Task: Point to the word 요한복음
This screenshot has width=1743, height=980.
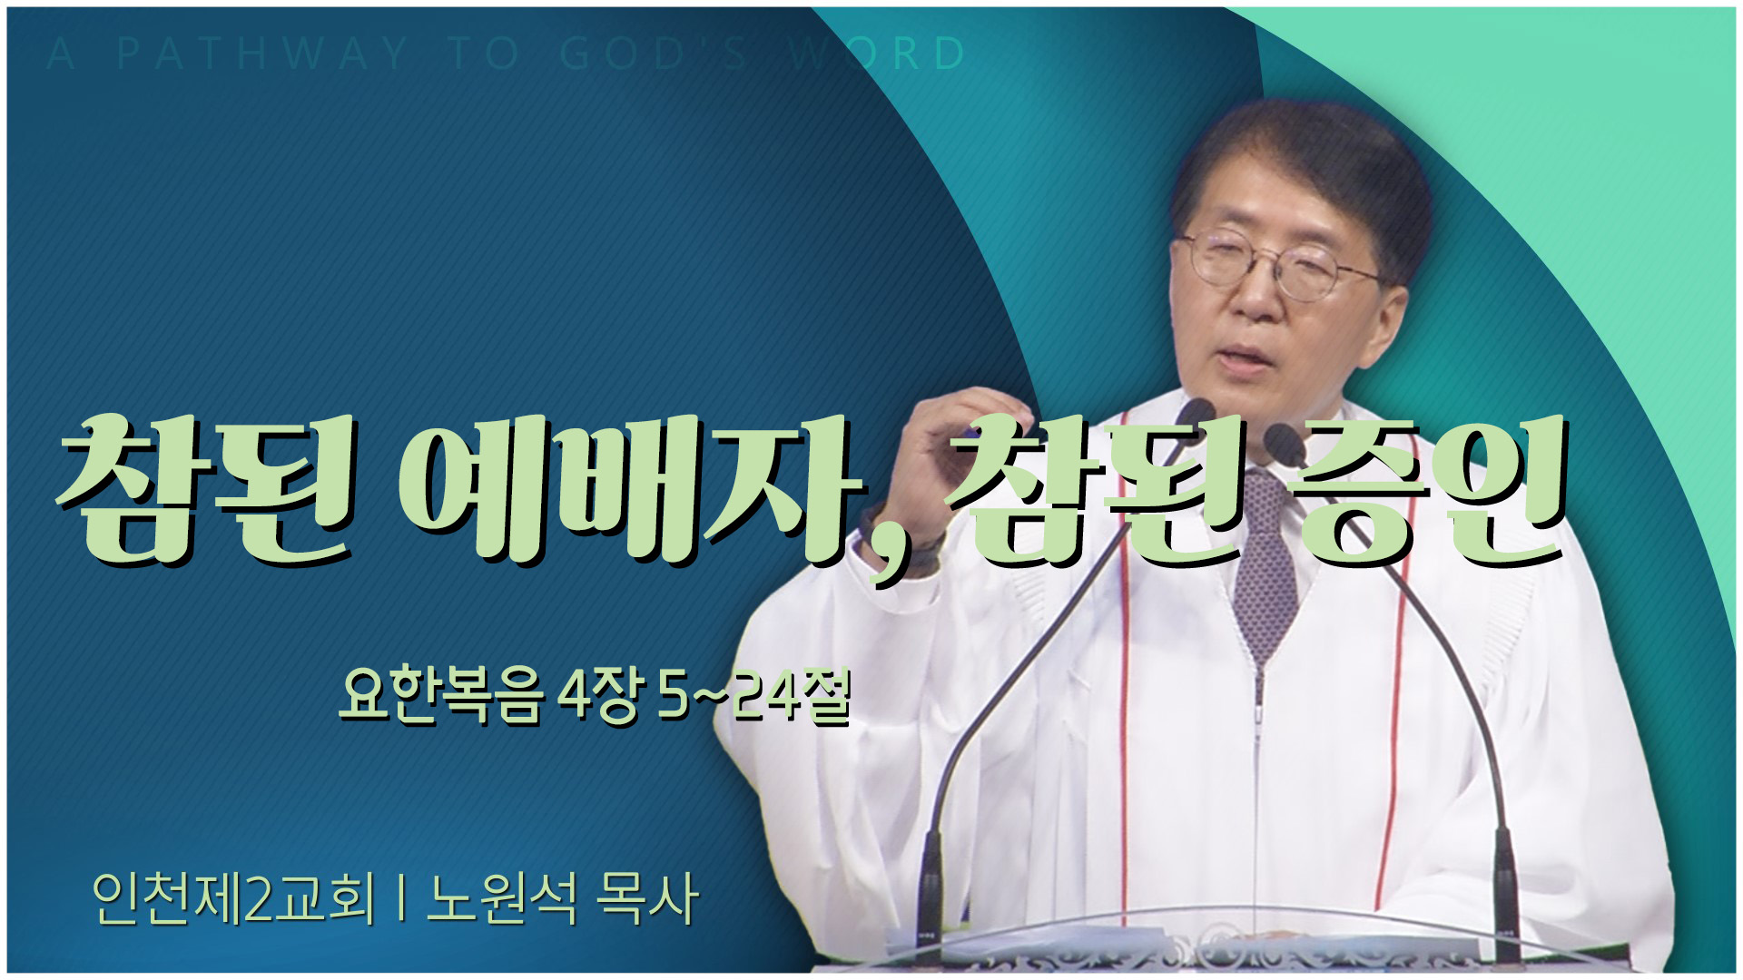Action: click(x=440, y=697)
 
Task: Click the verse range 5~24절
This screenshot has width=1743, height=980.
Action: click(x=753, y=697)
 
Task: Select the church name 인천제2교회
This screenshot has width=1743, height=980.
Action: click(x=233, y=898)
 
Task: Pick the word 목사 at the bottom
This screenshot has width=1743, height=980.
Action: click(x=647, y=898)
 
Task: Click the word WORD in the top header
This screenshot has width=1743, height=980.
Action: click(x=876, y=54)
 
